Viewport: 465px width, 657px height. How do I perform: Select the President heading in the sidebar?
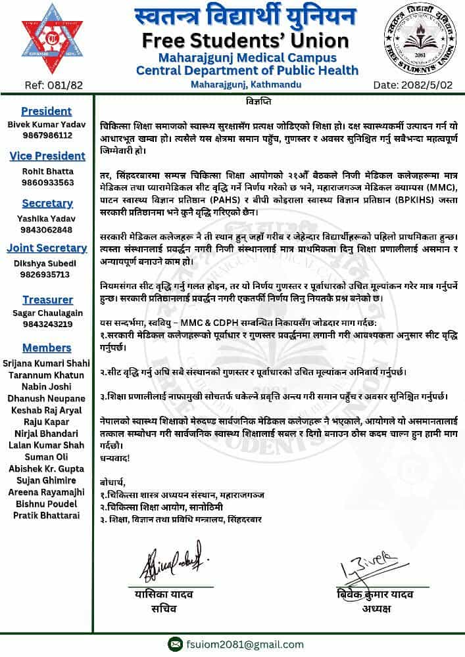(x=46, y=111)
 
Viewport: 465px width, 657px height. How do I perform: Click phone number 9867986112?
(x=46, y=135)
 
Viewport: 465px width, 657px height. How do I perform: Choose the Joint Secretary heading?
(x=47, y=248)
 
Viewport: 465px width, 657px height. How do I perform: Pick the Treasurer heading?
(x=47, y=300)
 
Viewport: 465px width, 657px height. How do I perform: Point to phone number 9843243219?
(x=47, y=324)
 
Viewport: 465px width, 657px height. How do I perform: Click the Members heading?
(x=47, y=347)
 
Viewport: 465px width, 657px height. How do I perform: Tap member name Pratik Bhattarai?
(x=47, y=515)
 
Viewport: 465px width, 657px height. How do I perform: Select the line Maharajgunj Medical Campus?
(x=247, y=58)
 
